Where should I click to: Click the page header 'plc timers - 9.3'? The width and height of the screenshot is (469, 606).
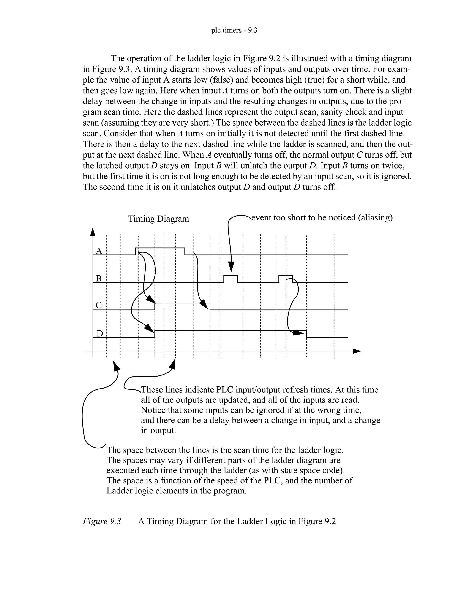coord(234,30)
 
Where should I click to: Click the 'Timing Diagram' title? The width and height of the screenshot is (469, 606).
coord(158,219)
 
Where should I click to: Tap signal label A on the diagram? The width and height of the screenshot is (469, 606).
coord(99,251)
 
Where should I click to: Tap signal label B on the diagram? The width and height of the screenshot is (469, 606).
coord(99,278)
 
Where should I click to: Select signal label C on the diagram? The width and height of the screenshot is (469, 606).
coord(99,305)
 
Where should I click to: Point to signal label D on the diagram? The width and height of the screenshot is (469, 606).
coord(99,333)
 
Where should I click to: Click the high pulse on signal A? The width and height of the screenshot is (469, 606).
coord(160,248)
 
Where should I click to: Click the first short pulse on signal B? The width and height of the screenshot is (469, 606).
coord(231,276)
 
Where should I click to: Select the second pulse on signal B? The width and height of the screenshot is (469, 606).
coord(286,276)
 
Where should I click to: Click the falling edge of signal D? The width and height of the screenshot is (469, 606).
coord(306,334)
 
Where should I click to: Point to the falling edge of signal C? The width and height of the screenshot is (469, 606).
coord(210,307)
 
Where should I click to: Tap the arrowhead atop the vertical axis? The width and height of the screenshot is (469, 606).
coord(93,232)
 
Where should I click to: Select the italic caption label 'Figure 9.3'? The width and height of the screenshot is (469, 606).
coord(102,521)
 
